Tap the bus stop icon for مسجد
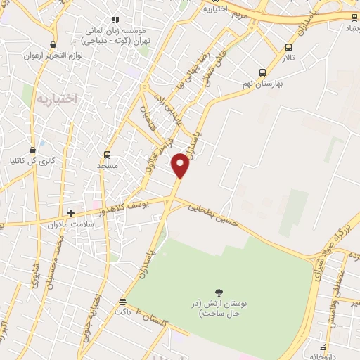coord(107,155)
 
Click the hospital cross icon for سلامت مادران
coord(70,212)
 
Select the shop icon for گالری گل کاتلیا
coord(32,150)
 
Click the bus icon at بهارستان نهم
coord(262,72)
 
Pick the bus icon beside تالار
coord(288,47)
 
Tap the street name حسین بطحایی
coord(214,214)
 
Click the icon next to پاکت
coord(123,301)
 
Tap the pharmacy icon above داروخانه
coord(323,347)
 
